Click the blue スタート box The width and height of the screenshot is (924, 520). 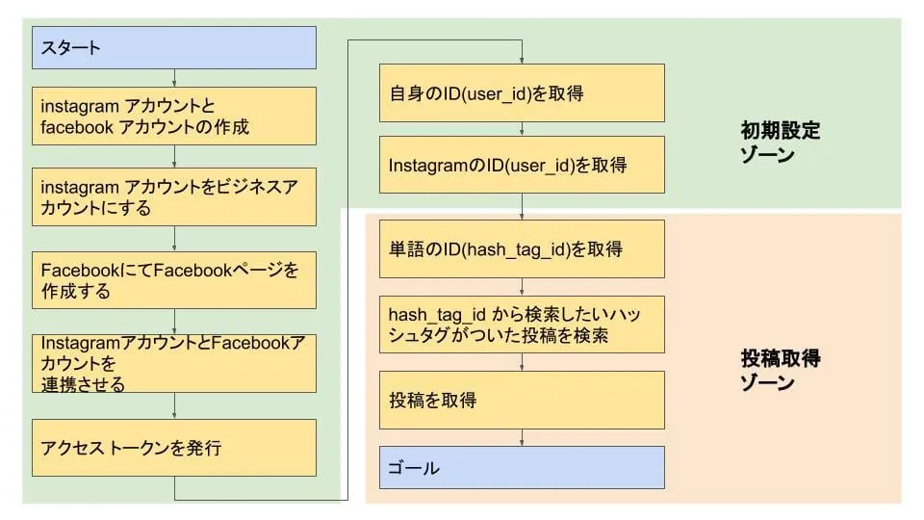(174, 47)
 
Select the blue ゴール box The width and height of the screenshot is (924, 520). (522, 468)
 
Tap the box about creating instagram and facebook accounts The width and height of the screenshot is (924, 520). (174, 117)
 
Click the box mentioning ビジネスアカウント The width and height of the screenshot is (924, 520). (174, 197)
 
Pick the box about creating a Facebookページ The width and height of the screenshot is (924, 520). (174, 280)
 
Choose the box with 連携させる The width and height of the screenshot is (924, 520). (174, 363)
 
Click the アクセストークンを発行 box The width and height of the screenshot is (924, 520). (174, 447)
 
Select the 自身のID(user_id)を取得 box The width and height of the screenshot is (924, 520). (522, 93)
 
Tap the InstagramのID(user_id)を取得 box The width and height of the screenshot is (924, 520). (522, 166)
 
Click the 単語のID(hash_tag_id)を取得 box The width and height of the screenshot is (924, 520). (522, 249)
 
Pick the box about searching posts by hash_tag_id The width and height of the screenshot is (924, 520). (522, 325)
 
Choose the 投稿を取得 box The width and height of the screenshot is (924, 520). (522, 400)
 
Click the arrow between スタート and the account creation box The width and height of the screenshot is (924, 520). (174, 78)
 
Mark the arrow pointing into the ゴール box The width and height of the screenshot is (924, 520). (522, 438)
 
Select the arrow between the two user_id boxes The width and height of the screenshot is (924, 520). (522, 129)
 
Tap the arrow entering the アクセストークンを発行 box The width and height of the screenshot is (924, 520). (174, 405)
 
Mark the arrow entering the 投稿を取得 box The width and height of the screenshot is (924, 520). (522, 362)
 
